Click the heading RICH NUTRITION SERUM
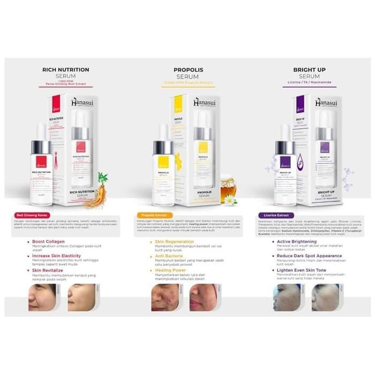pos(65,73)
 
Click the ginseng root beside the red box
pos(99,189)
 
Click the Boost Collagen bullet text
pos(48,241)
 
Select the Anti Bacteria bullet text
pos(169,256)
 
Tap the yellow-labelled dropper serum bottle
pos(163,166)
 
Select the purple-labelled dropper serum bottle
pos(285,166)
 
